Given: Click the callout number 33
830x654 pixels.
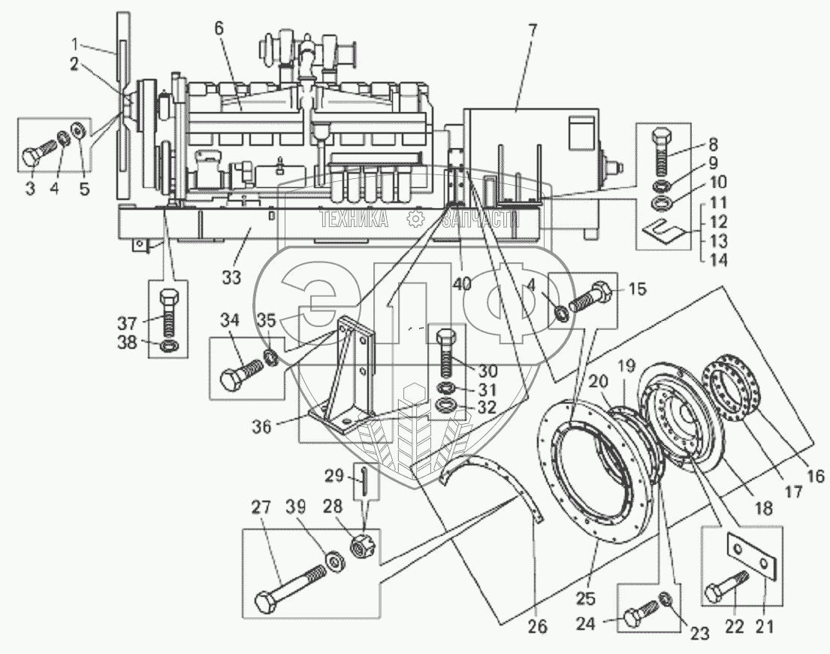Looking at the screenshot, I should click(x=231, y=277).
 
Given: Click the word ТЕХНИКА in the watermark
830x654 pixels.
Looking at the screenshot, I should click(x=353, y=219).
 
